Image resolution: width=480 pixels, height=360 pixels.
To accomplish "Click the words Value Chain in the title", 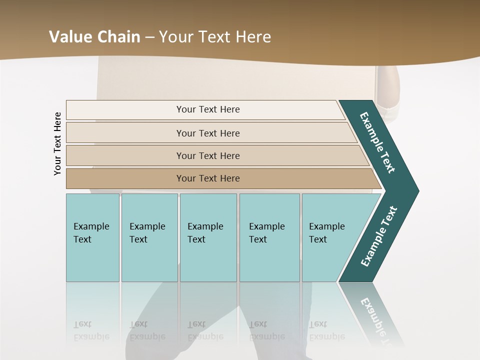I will [x=94, y=37].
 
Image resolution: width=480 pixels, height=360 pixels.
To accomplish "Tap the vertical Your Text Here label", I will [x=57, y=143].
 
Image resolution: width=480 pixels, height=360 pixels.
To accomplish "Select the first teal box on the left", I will [x=92, y=237].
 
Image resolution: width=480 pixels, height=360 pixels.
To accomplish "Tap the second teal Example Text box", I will [x=149, y=237].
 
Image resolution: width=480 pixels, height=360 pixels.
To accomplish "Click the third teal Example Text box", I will [x=208, y=237].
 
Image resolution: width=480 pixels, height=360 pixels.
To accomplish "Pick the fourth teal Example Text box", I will [x=269, y=237].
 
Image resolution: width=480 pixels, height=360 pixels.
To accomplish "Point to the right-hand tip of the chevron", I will [x=416, y=191].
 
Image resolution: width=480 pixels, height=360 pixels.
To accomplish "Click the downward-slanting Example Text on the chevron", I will [x=377, y=142].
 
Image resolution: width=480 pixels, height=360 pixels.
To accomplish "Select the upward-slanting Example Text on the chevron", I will [x=379, y=236].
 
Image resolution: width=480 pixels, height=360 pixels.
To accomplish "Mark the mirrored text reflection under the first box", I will [x=91, y=330].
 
